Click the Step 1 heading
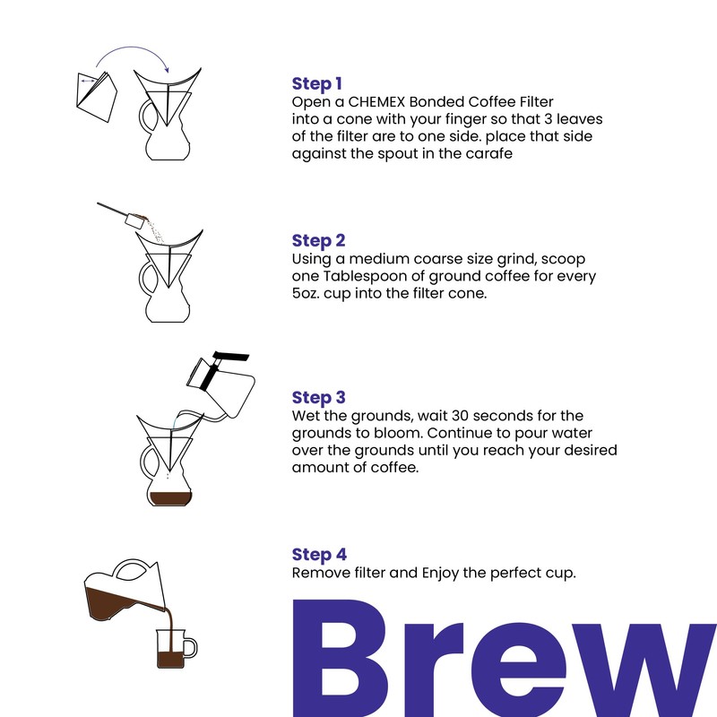pos(317,84)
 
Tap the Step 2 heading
pos(318,241)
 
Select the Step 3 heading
pos(318,398)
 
